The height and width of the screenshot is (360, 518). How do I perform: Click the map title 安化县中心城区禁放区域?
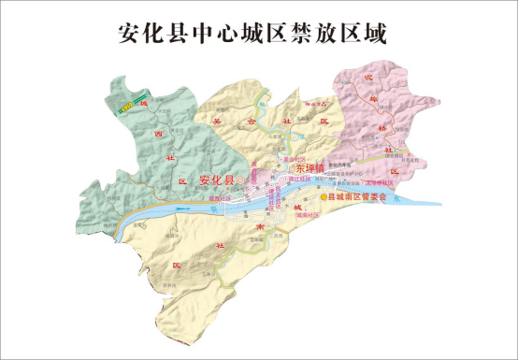(x=254, y=33)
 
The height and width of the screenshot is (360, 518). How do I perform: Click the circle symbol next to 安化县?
(x=240, y=179)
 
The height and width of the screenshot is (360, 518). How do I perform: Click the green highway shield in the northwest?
(x=125, y=106)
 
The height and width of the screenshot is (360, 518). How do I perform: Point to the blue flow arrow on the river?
(x=397, y=199)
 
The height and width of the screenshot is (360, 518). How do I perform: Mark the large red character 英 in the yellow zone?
(x=218, y=121)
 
